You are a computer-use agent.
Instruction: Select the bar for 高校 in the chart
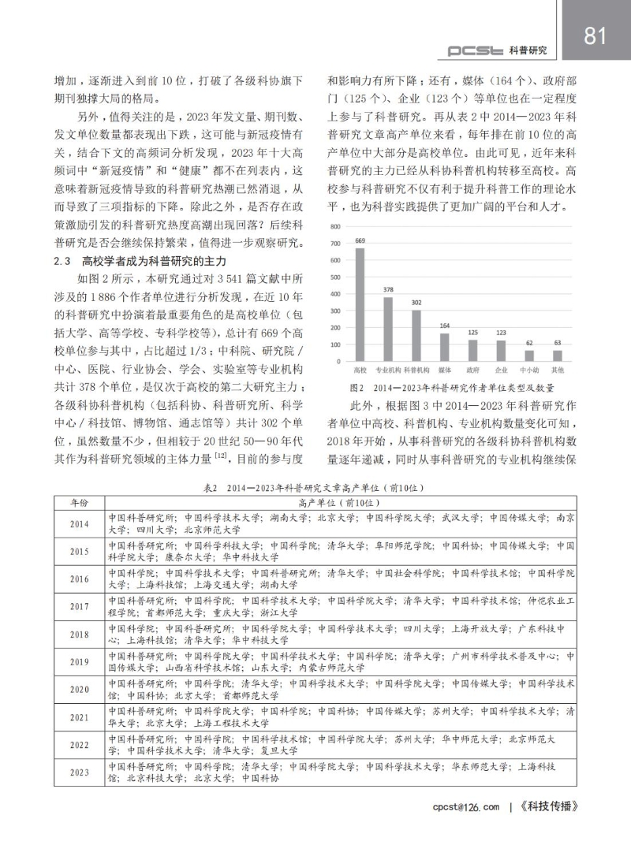coord(360,304)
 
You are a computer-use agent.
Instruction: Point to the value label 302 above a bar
coord(416,302)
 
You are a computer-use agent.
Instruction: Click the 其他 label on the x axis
coord(558,369)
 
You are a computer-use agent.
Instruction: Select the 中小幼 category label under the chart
coord(529,369)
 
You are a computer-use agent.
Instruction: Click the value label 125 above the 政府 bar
coord(472,332)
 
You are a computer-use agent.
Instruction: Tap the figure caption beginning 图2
coord(451,388)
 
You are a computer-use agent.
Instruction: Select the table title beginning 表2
coord(315,488)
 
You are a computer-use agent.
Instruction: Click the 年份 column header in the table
coord(80,502)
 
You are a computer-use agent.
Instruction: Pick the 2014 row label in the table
coord(80,523)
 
